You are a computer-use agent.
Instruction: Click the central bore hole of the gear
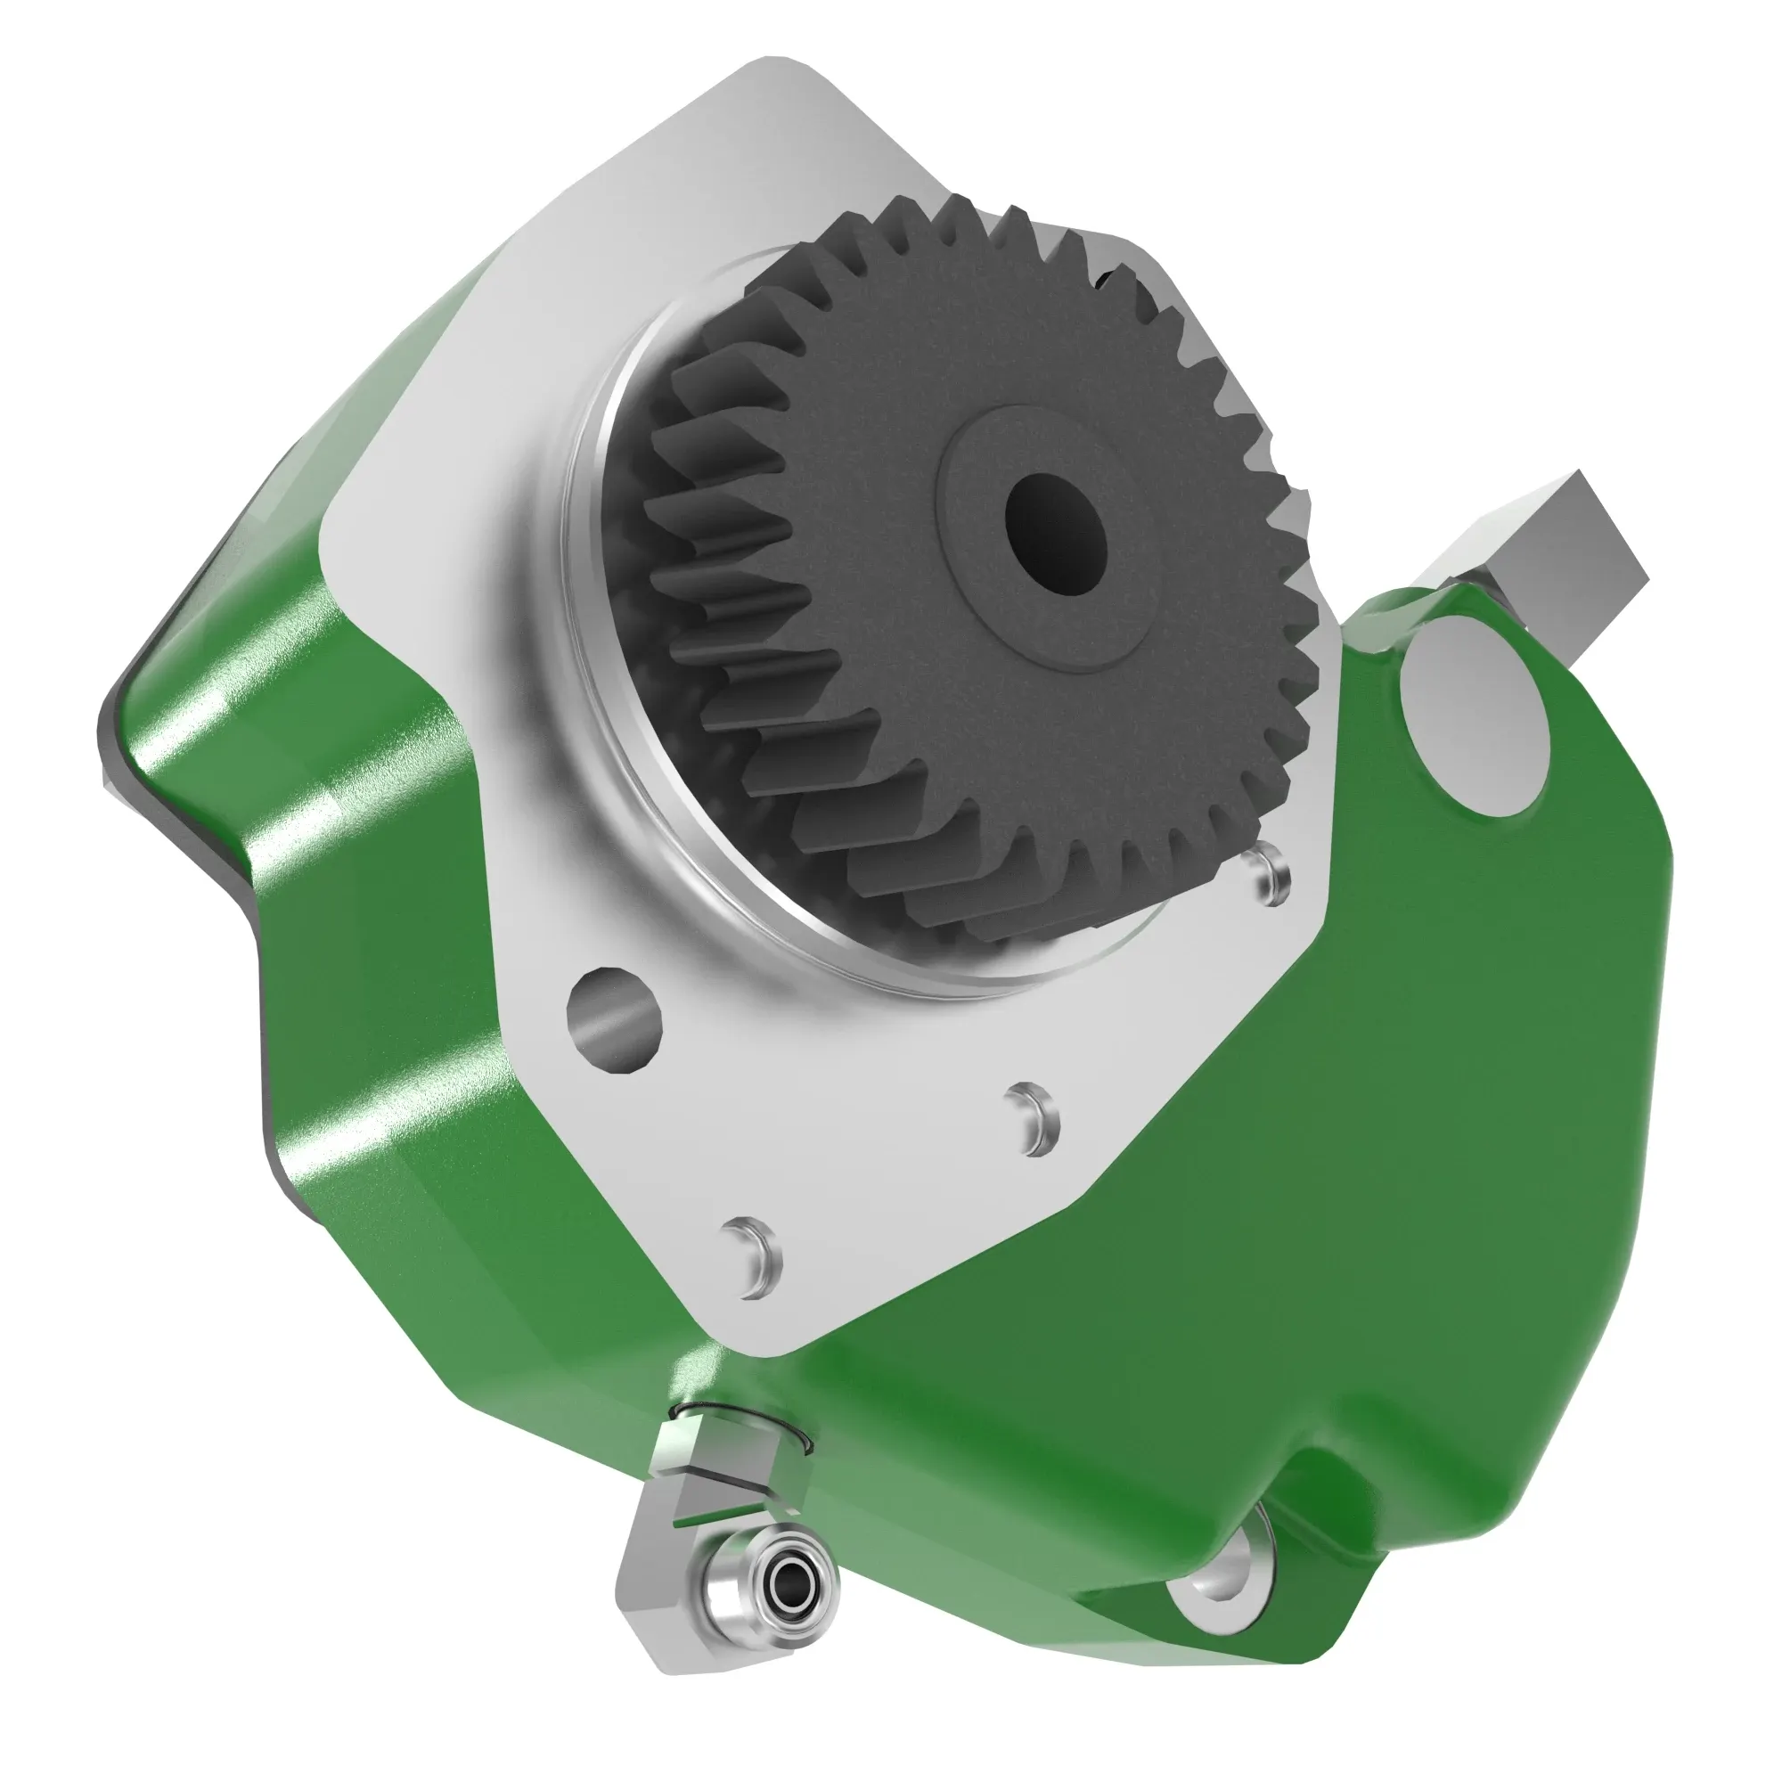[x=1055, y=534]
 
